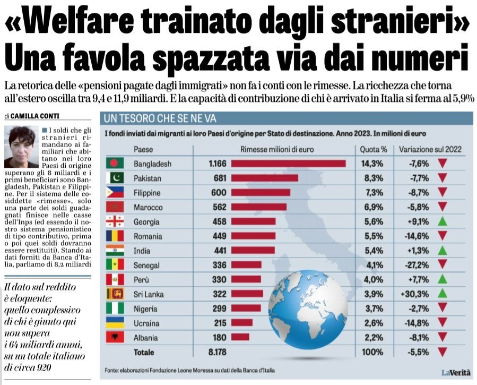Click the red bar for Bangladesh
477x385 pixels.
288,163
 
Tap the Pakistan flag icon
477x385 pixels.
115,178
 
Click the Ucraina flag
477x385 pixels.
115,322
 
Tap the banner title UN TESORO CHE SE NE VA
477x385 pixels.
160,117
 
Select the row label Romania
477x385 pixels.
149,236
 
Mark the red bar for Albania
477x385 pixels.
240,337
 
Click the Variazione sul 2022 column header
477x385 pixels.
430,149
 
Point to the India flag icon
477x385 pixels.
115,250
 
